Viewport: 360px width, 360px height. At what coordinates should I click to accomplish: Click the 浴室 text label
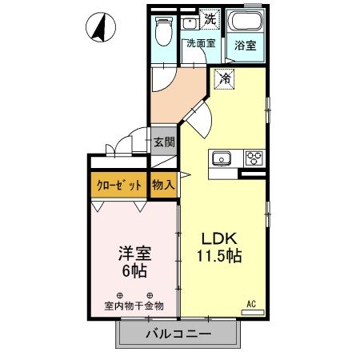click(244, 46)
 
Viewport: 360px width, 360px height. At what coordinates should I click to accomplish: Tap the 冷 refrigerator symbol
click(225, 78)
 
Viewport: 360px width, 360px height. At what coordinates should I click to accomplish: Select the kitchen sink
click(222, 157)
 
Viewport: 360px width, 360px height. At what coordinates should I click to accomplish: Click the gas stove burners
click(254, 157)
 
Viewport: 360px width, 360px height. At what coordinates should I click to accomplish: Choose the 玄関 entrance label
click(162, 143)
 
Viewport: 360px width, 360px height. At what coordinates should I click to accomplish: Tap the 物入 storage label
click(163, 185)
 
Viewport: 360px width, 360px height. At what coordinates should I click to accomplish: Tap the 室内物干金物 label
click(134, 306)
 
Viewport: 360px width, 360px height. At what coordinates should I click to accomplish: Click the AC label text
click(250, 303)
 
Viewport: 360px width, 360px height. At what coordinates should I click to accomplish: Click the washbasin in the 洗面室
click(191, 24)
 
